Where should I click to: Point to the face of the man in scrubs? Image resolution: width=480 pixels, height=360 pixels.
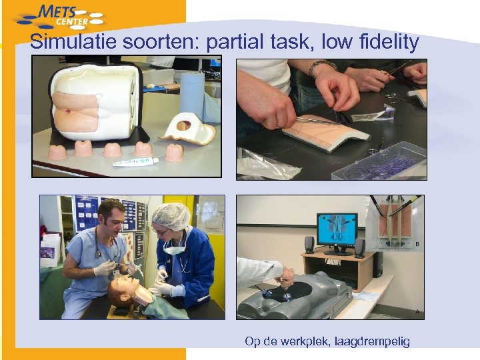point(109,223)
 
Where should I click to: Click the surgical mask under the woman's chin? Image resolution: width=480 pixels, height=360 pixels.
point(175,249)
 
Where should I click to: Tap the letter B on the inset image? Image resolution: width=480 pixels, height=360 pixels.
point(417,244)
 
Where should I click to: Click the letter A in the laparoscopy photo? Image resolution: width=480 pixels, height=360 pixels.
point(418,311)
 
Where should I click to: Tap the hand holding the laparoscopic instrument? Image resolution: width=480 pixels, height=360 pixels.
point(286,274)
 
